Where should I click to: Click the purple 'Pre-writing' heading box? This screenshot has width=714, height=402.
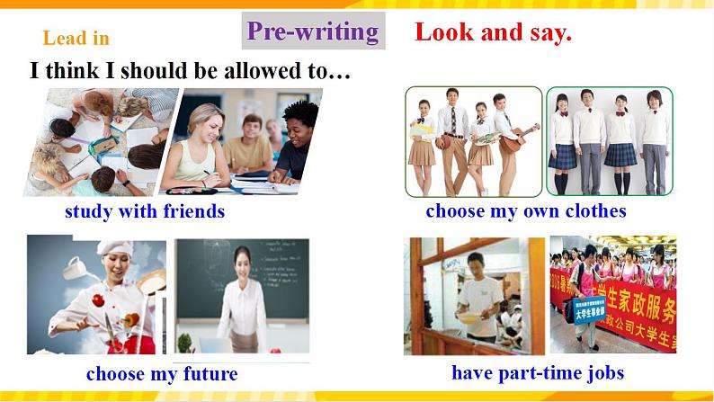point(314,31)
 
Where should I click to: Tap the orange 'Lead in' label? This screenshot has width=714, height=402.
point(76,38)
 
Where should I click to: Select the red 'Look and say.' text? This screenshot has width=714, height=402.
point(493,34)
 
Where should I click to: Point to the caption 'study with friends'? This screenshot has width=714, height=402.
point(145,212)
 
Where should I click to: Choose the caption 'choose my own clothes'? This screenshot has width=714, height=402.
point(526,211)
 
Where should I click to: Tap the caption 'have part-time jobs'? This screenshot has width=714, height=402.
point(538,372)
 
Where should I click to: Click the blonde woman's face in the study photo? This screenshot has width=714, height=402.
point(203,123)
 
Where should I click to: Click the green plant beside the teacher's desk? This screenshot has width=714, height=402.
point(185,342)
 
